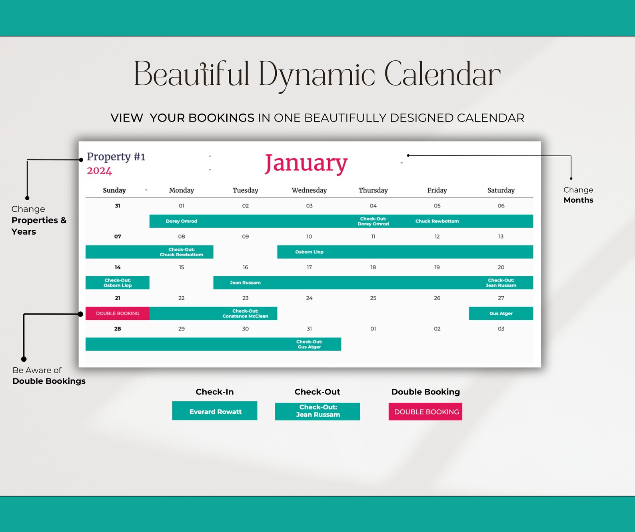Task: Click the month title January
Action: coord(306,163)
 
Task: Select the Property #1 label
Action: coord(116,156)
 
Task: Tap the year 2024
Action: coord(99,171)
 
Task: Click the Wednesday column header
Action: coord(309,190)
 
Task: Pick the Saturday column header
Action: coord(501,190)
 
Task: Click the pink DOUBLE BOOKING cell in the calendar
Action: coord(118,313)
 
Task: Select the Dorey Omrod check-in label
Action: coord(182,221)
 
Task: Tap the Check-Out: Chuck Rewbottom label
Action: coord(182,252)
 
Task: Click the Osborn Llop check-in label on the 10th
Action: coord(309,252)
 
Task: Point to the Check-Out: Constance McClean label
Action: coord(245,313)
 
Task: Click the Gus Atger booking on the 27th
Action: coord(501,313)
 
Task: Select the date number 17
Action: coord(309,267)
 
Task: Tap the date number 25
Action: coord(373,298)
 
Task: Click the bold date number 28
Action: coord(118,329)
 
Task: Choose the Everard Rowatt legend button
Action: coord(215,411)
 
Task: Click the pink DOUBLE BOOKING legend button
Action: coord(425,412)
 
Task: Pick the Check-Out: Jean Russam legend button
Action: coord(317,411)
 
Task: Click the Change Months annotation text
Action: coord(578,195)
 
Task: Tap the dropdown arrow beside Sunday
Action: coord(146,190)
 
